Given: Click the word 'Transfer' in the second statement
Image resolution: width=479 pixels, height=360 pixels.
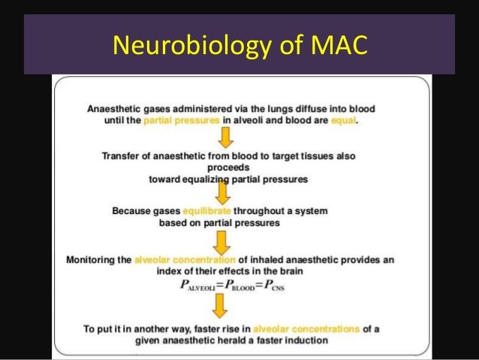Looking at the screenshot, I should [121, 156].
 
